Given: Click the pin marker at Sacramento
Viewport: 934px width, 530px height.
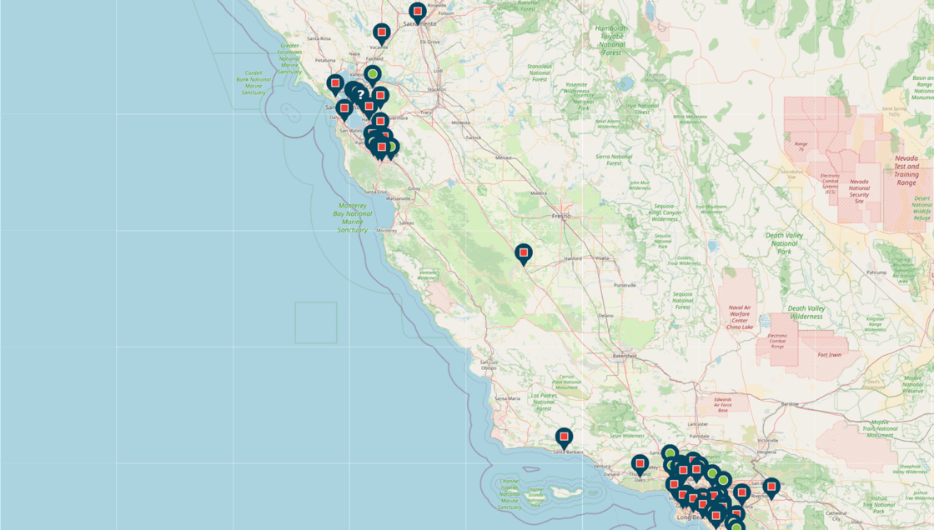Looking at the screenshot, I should pyautogui.click(x=418, y=12).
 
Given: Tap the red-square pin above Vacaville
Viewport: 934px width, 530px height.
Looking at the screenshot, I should pyautogui.click(x=381, y=33).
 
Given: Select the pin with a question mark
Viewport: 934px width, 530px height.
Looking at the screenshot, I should pyautogui.click(x=359, y=95).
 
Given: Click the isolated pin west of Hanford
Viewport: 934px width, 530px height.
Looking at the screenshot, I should pyautogui.click(x=523, y=252).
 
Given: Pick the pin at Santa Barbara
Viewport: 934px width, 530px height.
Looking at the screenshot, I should pyautogui.click(x=564, y=437).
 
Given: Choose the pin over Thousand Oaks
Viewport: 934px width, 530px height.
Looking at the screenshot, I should pyautogui.click(x=640, y=463).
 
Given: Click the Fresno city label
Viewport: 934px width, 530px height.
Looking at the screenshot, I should pyautogui.click(x=561, y=216).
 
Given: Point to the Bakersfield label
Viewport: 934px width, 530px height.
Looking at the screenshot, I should pyautogui.click(x=625, y=356).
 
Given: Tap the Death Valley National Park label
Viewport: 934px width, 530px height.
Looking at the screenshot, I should pyautogui.click(x=782, y=242).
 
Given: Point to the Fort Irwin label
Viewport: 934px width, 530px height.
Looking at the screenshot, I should pyautogui.click(x=829, y=354).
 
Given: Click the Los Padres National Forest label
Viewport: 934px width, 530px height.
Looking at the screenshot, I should pyautogui.click(x=543, y=402).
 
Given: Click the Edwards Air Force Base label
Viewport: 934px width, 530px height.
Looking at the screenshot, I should pyautogui.click(x=723, y=405).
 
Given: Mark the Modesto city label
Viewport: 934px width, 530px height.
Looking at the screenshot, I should pyautogui.click(x=460, y=122).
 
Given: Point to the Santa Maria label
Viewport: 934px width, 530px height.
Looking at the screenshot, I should pyautogui.click(x=508, y=398).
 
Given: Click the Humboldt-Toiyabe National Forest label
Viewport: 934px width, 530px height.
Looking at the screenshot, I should pyautogui.click(x=611, y=39).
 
